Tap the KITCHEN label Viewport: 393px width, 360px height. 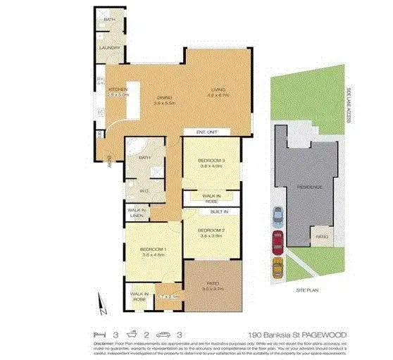click(116, 89)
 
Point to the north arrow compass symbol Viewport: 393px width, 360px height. click(104, 307)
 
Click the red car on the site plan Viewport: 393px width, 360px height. click(277, 241)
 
